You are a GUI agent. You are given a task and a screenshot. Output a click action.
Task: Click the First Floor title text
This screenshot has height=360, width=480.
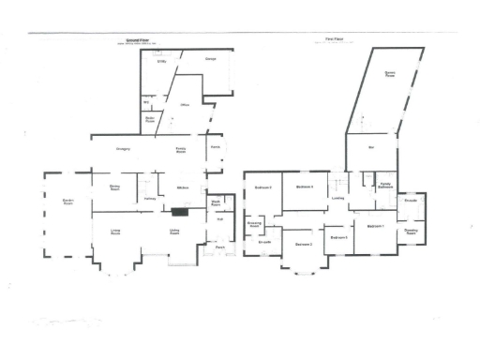coord(331,39)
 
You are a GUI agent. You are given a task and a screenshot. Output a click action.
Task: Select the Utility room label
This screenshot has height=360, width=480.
coord(162,63)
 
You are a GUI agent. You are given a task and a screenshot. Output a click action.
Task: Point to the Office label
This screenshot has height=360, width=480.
coord(185,105)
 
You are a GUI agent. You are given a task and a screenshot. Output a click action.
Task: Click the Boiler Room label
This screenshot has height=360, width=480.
coord(150,119)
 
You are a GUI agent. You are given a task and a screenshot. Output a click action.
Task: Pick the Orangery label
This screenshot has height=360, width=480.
coord(123,149)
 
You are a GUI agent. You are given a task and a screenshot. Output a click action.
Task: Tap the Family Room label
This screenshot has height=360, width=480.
coord(182,150)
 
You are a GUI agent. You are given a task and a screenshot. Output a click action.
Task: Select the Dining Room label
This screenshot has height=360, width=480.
coord(115,188)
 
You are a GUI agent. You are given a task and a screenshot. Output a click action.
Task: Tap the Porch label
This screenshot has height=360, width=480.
coord(221,248)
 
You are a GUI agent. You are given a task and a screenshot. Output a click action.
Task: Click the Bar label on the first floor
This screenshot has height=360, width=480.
coord(370,148)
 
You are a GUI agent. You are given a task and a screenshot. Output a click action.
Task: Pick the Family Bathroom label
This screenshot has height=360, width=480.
coord(384,187)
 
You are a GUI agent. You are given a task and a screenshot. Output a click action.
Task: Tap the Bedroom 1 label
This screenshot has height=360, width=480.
coord(376,227)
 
